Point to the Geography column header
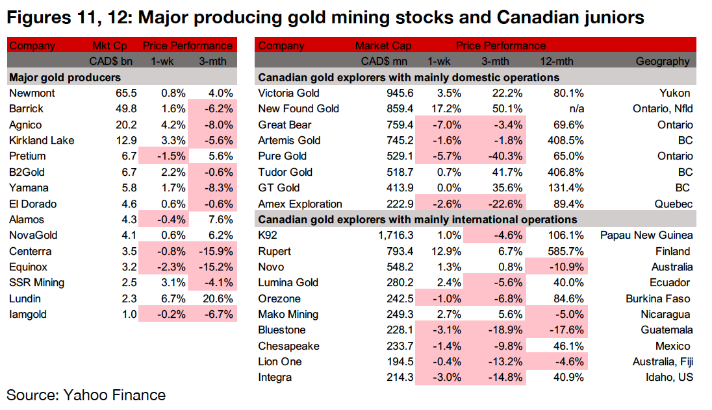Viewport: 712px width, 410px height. click(x=663, y=62)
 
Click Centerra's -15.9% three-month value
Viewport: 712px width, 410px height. click(x=216, y=251)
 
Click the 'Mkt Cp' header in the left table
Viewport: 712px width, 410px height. click(x=110, y=46)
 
